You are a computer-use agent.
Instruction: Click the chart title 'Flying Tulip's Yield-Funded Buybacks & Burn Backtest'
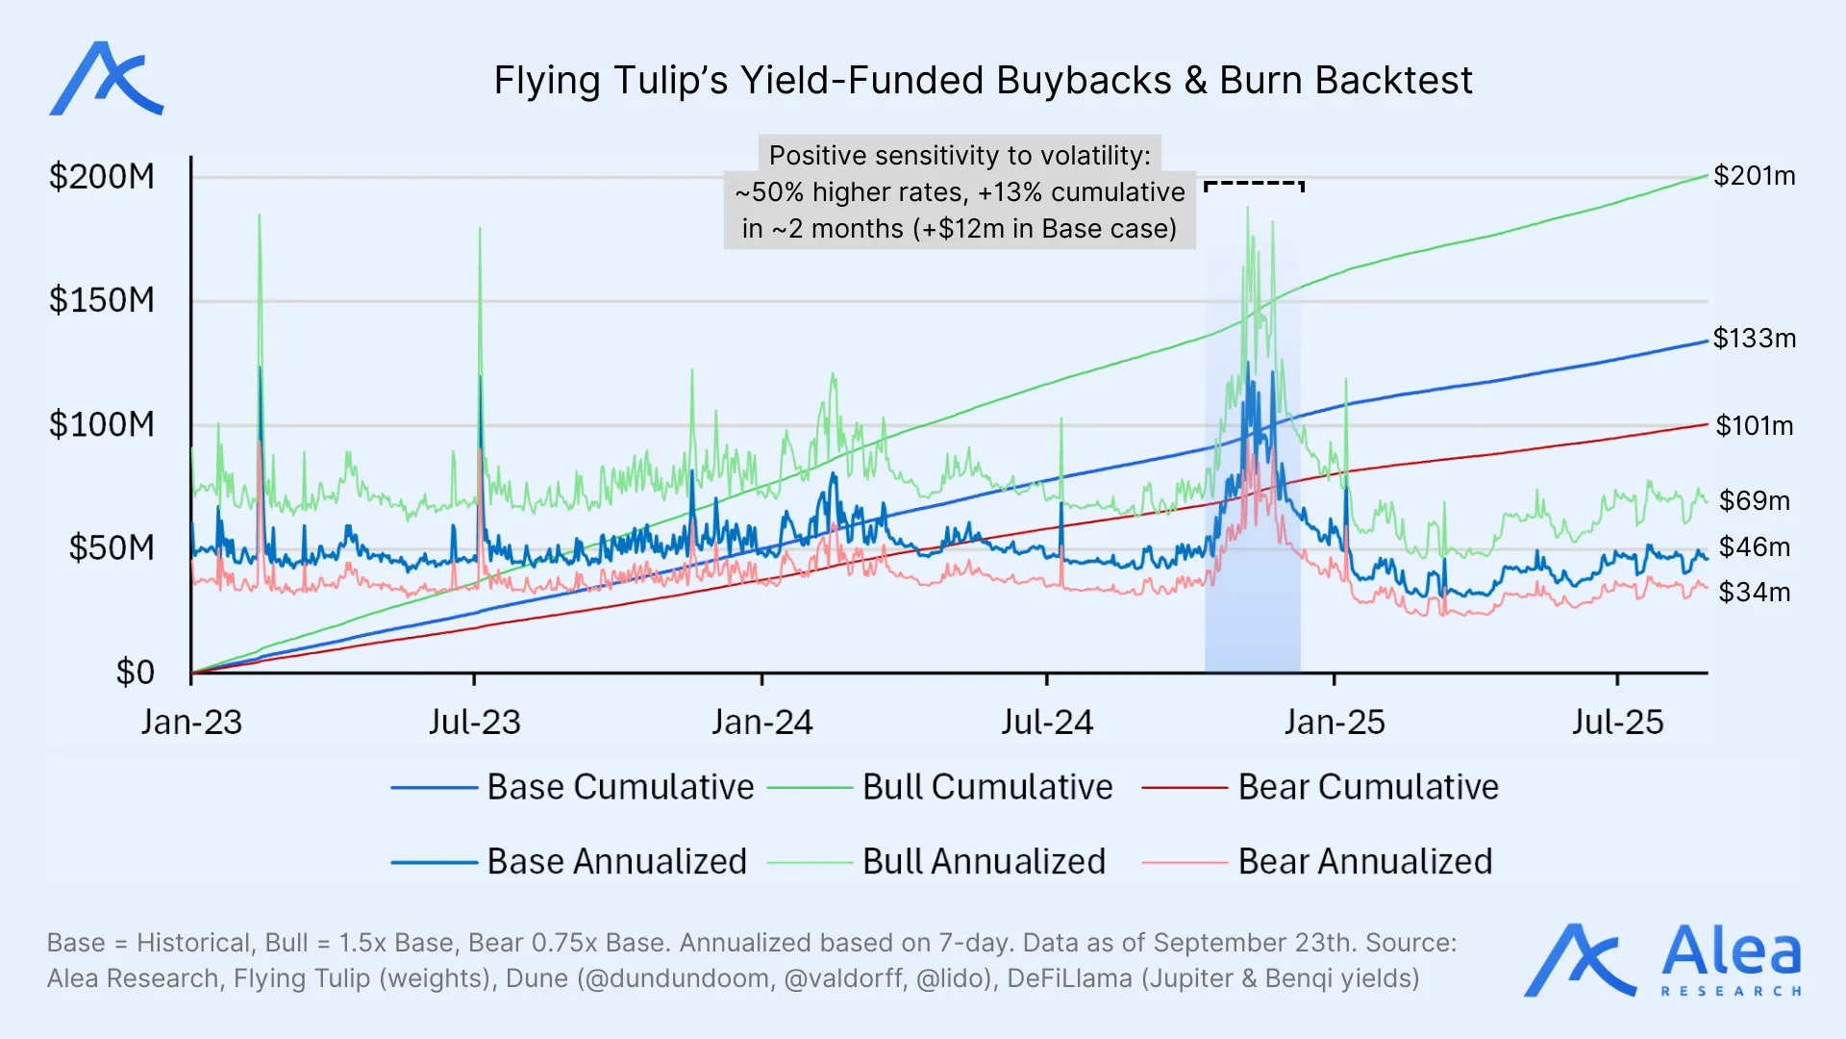(983, 81)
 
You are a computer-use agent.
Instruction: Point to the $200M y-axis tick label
(102, 177)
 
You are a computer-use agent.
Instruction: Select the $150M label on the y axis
(102, 300)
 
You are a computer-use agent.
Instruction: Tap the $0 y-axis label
(135, 672)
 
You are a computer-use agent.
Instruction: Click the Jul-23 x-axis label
(474, 722)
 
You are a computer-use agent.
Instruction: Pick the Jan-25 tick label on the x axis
(1335, 722)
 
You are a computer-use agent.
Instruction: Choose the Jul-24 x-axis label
(1047, 722)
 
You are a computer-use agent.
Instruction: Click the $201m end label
(1755, 176)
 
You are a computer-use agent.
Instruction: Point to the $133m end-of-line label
(1755, 339)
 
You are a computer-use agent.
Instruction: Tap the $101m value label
(1755, 425)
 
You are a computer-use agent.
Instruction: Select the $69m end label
(1755, 500)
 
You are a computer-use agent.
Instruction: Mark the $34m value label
(1755, 592)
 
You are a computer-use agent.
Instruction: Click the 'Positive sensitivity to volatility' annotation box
(960, 192)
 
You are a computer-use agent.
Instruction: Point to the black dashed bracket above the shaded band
(1254, 183)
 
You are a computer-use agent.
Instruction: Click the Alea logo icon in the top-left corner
(106, 79)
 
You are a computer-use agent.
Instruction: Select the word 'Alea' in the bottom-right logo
(1731, 952)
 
